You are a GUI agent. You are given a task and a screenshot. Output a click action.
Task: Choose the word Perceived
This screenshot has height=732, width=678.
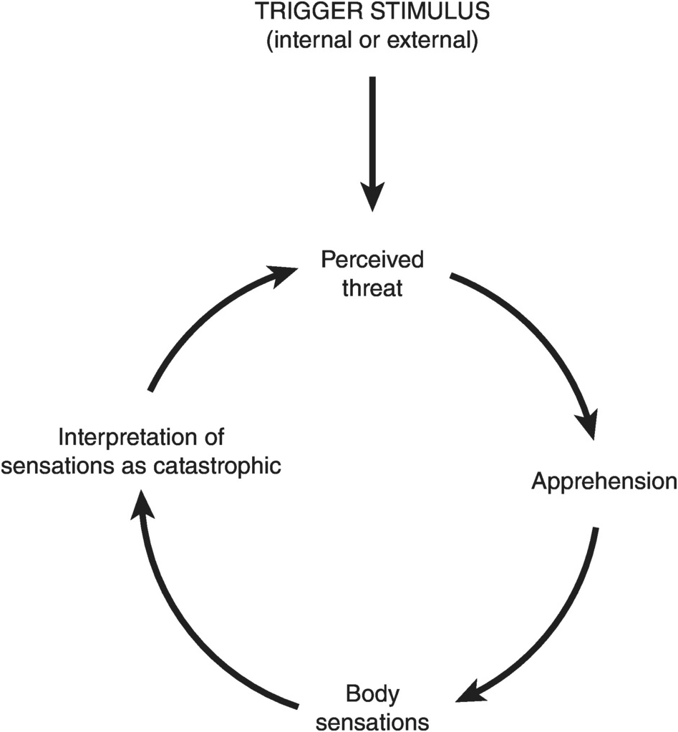click(372, 259)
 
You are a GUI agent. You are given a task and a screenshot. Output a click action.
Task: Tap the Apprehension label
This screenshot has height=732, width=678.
click(603, 482)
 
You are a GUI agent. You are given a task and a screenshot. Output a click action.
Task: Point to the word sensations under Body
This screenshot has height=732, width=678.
click(372, 720)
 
